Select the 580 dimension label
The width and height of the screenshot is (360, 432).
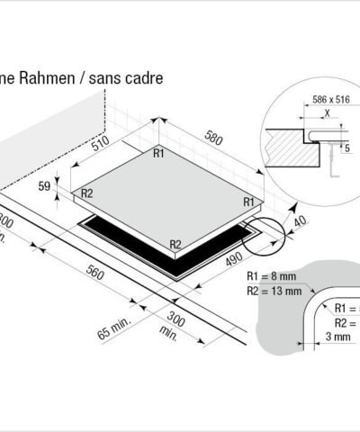(x=213, y=139)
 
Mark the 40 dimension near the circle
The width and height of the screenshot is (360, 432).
(x=301, y=221)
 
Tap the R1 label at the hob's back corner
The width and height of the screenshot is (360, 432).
(x=158, y=154)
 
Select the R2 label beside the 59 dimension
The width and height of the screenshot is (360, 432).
(x=88, y=193)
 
